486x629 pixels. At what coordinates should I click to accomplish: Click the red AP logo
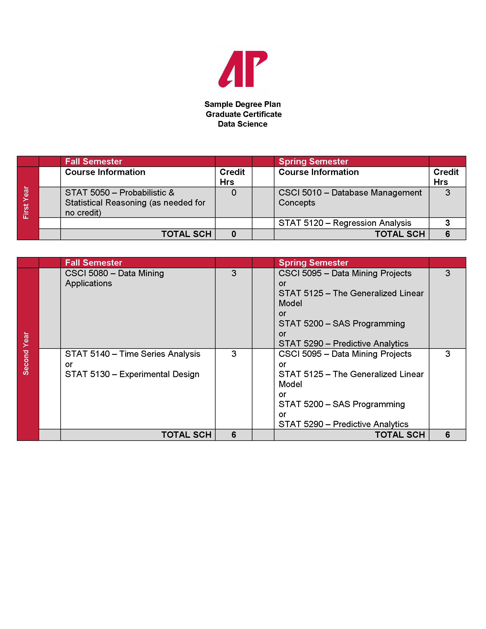pos(243,69)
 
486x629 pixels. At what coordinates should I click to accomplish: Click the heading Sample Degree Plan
pos(242,104)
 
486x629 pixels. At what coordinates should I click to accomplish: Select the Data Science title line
pos(242,124)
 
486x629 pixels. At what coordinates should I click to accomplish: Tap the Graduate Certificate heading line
pos(243,114)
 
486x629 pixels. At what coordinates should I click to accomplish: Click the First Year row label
pos(26,202)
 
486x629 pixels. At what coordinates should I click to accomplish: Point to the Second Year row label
pos(26,353)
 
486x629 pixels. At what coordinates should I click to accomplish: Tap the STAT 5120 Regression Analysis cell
pos(345,223)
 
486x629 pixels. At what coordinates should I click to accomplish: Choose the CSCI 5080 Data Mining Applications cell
pos(114,278)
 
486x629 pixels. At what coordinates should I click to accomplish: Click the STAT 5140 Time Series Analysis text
pos(132,354)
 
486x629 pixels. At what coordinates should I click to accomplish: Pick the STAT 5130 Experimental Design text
pos(132,374)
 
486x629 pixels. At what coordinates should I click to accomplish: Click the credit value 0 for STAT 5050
pos(234,193)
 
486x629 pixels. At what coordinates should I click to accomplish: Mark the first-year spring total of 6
pos(447,234)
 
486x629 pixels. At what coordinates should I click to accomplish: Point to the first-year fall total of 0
pos(234,234)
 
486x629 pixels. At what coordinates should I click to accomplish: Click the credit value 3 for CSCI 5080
pos(234,273)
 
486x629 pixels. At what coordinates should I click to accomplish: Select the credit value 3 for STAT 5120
pos(447,223)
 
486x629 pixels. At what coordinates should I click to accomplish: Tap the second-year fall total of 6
pos(234,435)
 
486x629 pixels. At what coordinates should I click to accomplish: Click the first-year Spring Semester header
pos(313,162)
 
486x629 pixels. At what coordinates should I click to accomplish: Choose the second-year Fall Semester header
pos(93,263)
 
